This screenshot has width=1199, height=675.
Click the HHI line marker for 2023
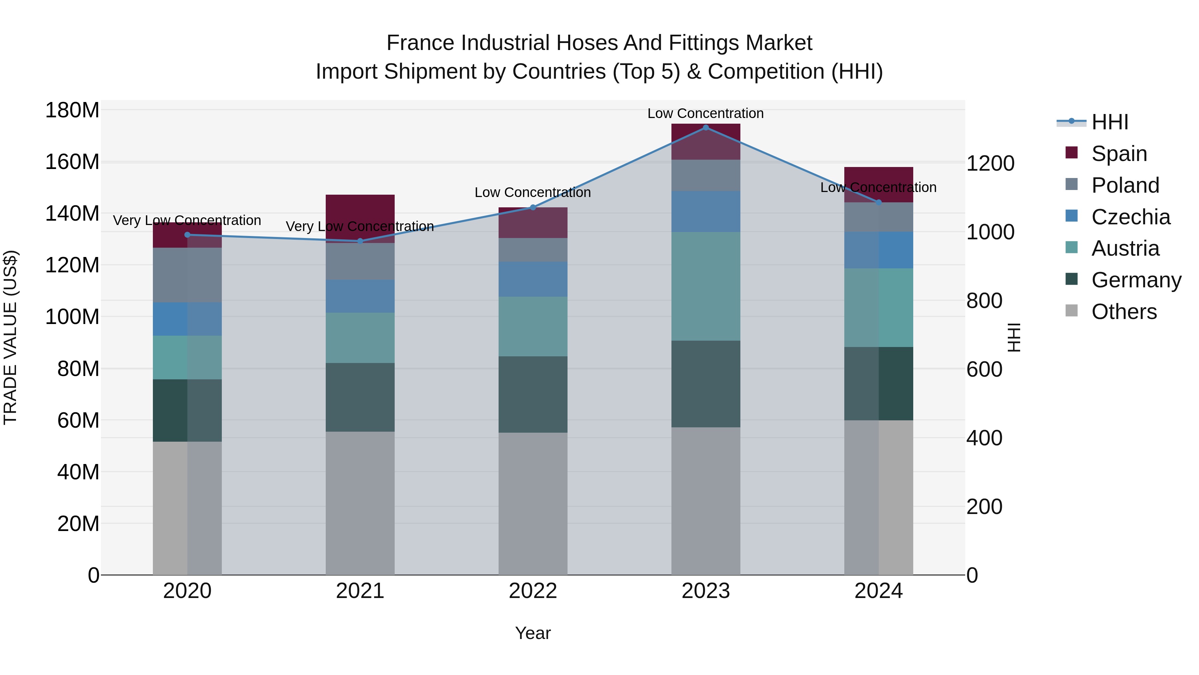(706, 128)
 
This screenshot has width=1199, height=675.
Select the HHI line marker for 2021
(360, 241)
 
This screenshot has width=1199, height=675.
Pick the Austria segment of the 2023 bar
(706, 286)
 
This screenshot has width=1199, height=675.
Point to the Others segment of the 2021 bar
(360, 503)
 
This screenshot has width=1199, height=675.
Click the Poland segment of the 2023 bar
(706, 175)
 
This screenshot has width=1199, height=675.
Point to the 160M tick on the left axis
(72, 162)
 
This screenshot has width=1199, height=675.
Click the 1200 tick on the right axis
(990, 164)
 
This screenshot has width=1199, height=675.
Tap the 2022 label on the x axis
(533, 591)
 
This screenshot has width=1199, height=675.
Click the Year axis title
(533, 633)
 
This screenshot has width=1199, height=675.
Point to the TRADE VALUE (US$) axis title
(11, 337)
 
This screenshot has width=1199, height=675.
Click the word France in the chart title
(421, 43)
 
